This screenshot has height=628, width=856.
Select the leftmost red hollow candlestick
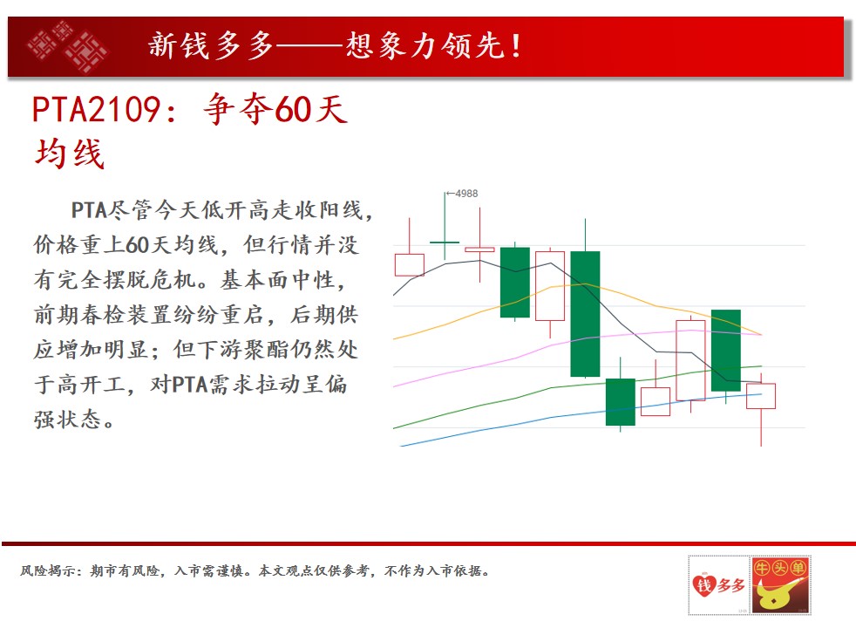coord(410,265)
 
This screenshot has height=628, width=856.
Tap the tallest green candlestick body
coord(585,314)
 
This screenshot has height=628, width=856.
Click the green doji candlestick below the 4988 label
coord(445,242)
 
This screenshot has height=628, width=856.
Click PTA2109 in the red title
coord(96,110)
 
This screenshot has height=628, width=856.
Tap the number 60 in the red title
coord(293,110)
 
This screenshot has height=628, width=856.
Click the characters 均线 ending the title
coord(70,154)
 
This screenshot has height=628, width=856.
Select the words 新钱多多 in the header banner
coord(211,45)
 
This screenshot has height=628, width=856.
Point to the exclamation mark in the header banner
coord(516,45)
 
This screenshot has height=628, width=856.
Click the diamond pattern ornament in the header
coord(68,46)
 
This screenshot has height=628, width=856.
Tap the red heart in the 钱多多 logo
coord(704,585)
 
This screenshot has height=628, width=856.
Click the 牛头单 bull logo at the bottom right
coord(781,585)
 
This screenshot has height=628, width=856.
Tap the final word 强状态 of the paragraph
coord(68,420)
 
